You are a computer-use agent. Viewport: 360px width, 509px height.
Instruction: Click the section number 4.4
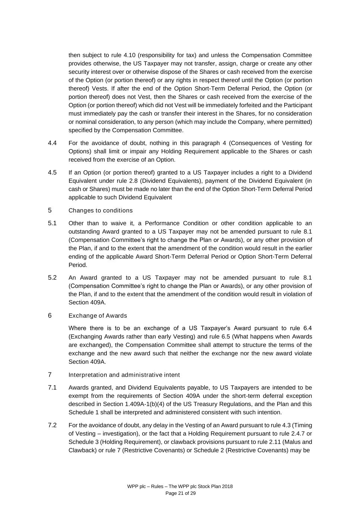pyautogui.click(x=52, y=143)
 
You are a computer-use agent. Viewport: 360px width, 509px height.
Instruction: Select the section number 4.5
pyautogui.click(x=52, y=172)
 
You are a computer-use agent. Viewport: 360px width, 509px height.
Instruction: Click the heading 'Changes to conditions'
pyautogui.click(x=100, y=210)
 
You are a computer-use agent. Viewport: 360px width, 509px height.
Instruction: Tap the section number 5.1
pyautogui.click(x=52, y=223)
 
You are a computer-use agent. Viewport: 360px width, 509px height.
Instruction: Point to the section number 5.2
pyautogui.click(x=52, y=277)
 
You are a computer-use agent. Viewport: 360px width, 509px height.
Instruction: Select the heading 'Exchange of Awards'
pyautogui.click(x=98, y=315)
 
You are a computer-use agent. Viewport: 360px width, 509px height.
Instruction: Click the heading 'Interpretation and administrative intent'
pyautogui.click(x=124, y=375)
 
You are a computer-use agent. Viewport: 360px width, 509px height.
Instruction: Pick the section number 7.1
pyautogui.click(x=52, y=387)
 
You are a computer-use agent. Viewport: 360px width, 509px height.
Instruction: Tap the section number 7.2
pyautogui.click(x=52, y=425)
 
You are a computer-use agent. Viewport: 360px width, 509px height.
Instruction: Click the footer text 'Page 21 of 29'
pyautogui.click(x=181, y=493)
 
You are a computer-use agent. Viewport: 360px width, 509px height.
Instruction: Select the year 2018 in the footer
pyautogui.click(x=227, y=486)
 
